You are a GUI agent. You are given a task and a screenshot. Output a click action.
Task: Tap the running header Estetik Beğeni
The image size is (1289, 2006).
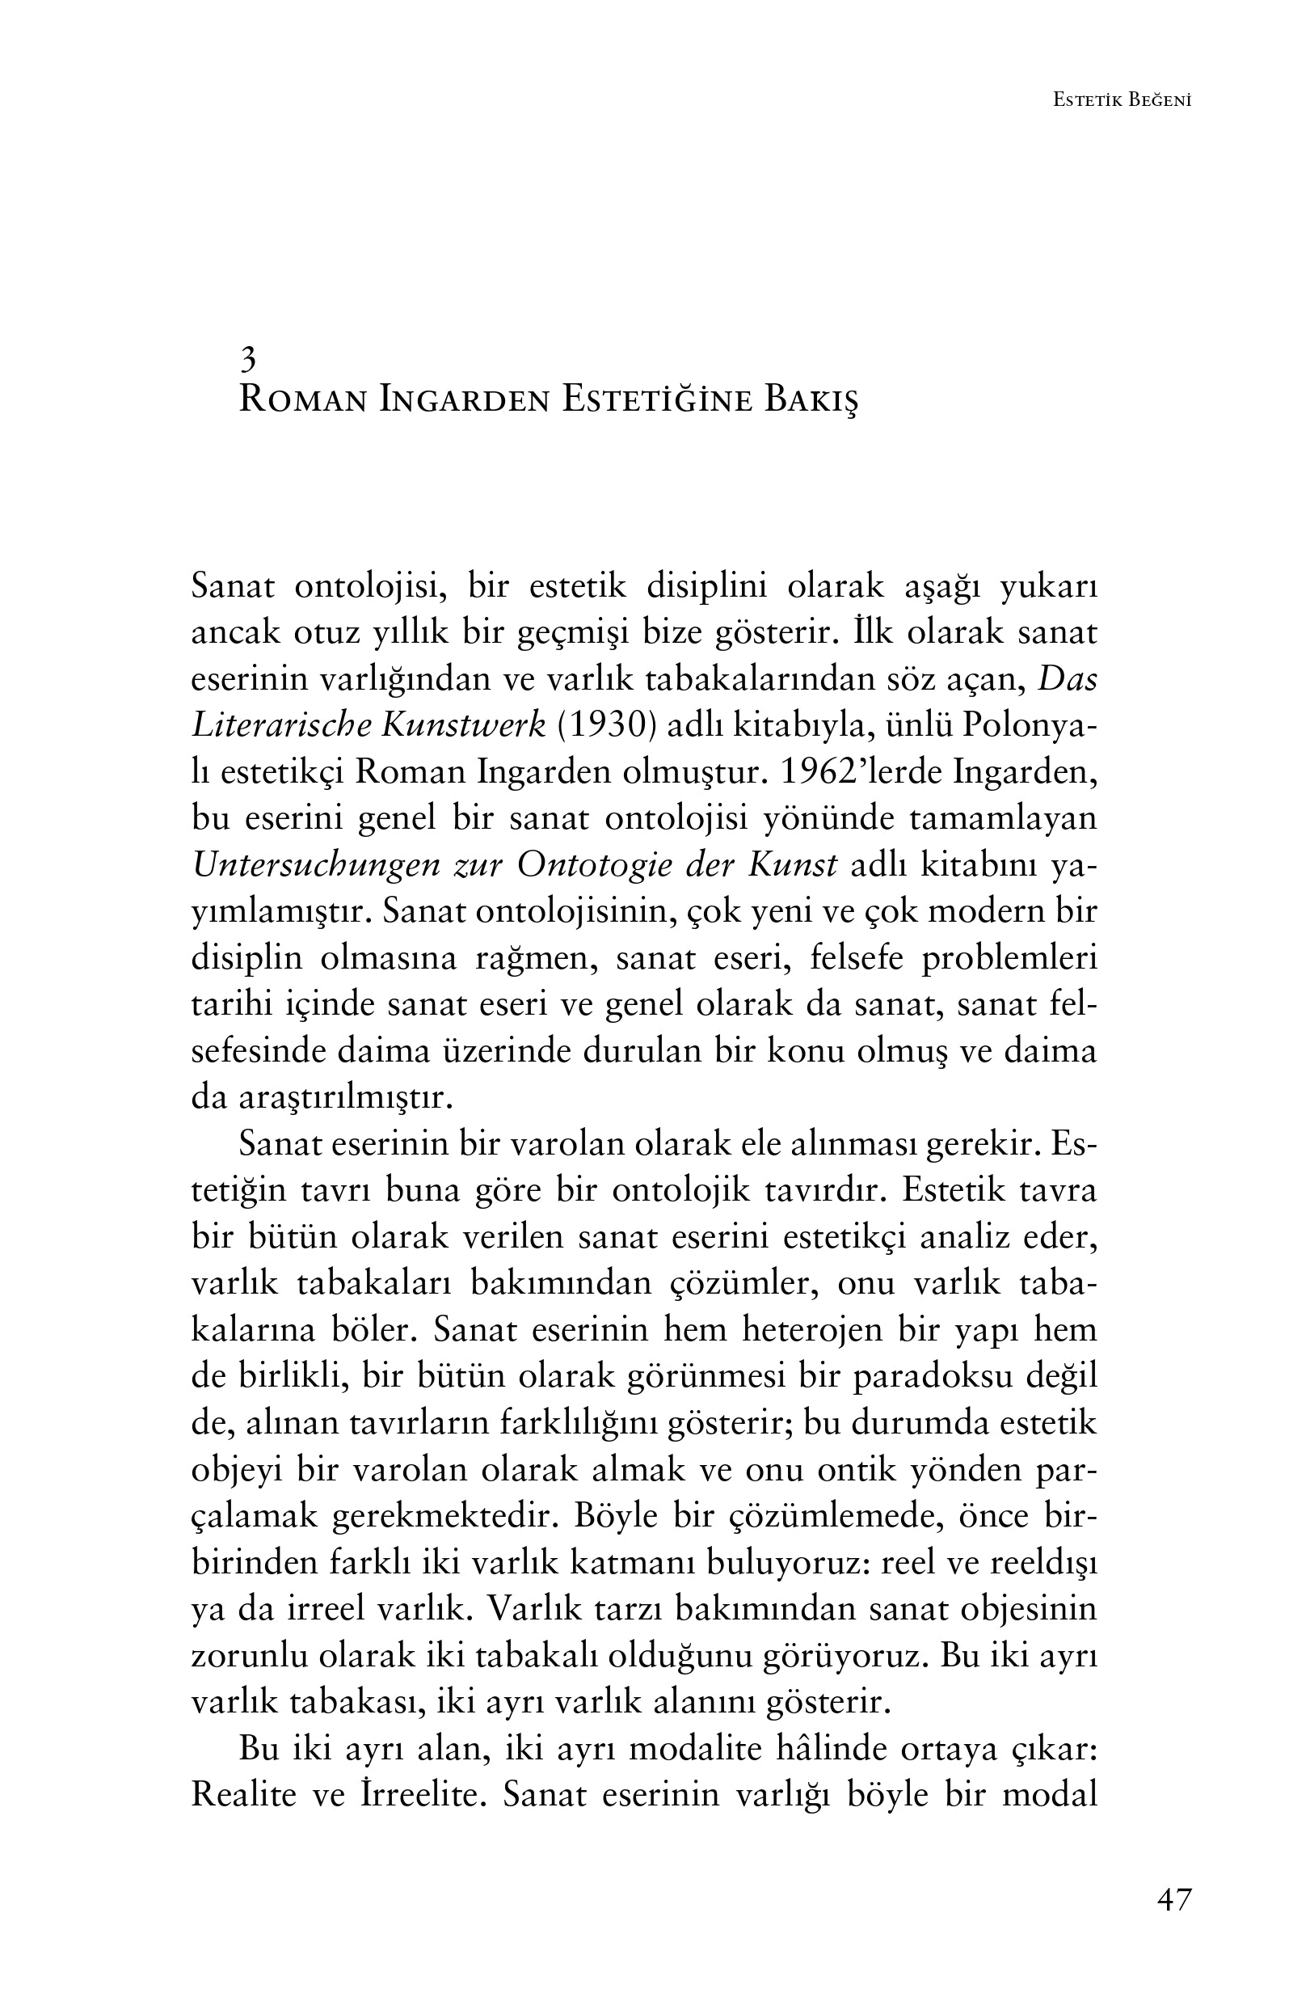(x=1122, y=100)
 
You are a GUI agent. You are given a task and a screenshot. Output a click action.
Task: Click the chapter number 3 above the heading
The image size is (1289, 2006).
(x=248, y=360)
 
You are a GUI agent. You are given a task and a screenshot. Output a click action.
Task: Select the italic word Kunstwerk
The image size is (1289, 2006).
(x=463, y=725)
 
